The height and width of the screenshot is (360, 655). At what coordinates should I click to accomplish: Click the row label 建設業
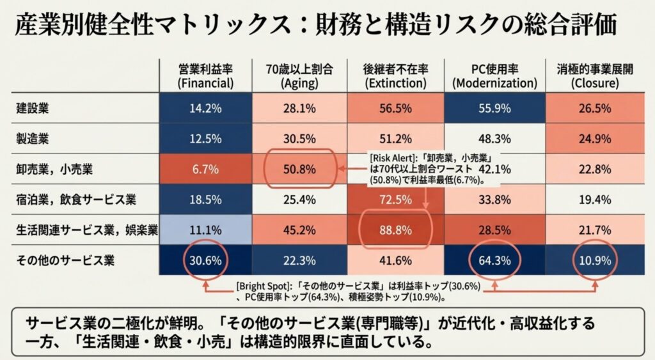33,108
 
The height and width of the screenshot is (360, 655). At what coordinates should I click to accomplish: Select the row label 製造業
33,137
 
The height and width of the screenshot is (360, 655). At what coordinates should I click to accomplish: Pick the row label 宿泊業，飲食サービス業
76,200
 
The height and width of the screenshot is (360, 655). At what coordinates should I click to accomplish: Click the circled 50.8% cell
299,169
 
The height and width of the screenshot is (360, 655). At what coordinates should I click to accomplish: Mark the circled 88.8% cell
394,230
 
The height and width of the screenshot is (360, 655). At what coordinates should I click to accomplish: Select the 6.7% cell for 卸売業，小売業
205,169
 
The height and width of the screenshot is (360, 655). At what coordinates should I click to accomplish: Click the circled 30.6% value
205,260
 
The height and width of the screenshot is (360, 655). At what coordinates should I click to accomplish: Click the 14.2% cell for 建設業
205,108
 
